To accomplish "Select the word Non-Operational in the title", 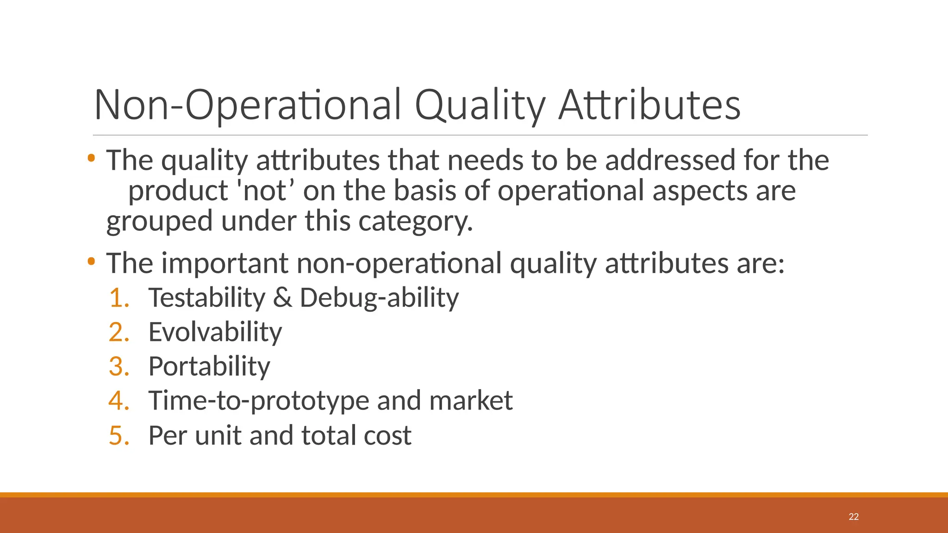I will coord(248,105).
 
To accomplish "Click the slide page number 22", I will coord(854,517).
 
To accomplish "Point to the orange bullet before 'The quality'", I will coord(91,158).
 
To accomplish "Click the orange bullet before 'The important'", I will coord(91,261).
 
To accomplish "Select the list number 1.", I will coord(118,297).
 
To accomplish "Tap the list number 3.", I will coord(118,366).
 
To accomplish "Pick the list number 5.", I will coord(118,435).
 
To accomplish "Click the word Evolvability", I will coord(215,332).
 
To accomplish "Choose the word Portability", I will coord(209,366).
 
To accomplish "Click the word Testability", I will coord(206,297).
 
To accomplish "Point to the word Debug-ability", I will coord(379,297).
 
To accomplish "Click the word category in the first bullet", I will coord(415,221).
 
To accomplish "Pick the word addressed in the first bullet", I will coord(670,160).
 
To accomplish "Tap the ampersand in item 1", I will coord(282,297).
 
